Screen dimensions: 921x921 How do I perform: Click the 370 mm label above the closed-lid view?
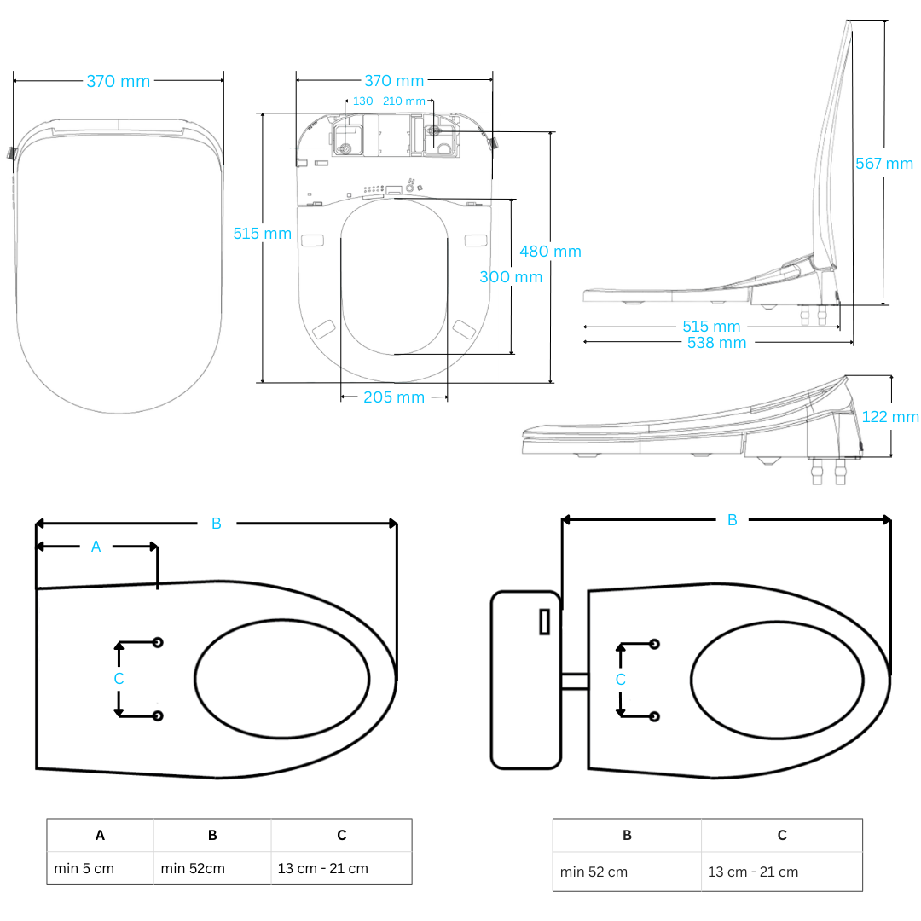pyautogui.click(x=118, y=82)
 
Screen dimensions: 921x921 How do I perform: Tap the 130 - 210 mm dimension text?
pyautogui.click(x=389, y=101)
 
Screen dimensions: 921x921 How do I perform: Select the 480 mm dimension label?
pyautogui.click(x=550, y=252)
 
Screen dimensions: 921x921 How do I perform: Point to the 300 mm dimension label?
pyautogui.click(x=510, y=277)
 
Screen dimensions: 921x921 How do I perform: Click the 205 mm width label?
pyautogui.click(x=393, y=397)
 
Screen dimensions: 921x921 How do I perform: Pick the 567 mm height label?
pyautogui.click(x=883, y=164)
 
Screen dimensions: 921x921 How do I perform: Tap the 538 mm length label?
pyautogui.click(x=716, y=343)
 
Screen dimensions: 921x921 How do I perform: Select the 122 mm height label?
pyautogui.click(x=890, y=417)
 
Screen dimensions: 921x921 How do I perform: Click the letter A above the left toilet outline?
pyautogui.click(x=96, y=547)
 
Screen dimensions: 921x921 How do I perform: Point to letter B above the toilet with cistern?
pyautogui.click(x=732, y=520)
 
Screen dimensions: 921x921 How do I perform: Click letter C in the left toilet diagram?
pyautogui.click(x=119, y=679)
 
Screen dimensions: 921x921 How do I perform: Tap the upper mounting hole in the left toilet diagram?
pyautogui.click(x=158, y=642)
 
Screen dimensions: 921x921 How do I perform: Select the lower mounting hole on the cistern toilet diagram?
pyautogui.click(x=654, y=716)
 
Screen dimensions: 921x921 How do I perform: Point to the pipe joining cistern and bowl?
pyautogui.click(x=574, y=681)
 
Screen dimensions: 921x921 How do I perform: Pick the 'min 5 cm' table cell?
pyautogui.click(x=84, y=869)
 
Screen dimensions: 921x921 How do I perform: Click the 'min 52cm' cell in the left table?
pyautogui.click(x=193, y=869)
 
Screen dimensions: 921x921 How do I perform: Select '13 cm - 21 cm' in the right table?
pyautogui.click(x=753, y=872)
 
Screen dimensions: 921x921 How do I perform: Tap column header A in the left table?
pyautogui.click(x=100, y=836)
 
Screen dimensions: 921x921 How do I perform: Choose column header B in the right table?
pyautogui.click(x=627, y=836)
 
